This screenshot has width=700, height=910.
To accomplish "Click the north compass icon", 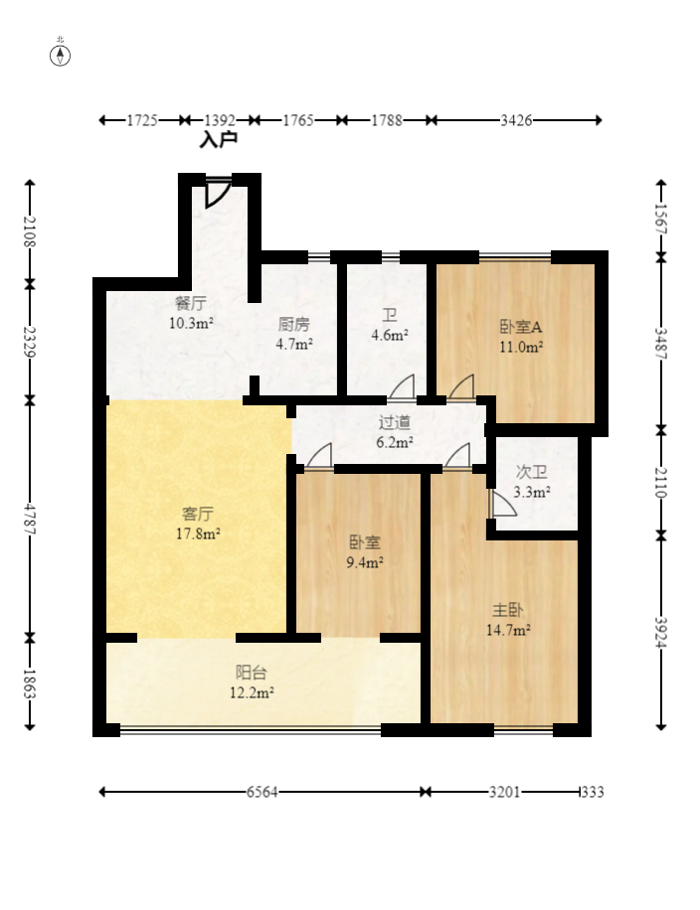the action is coord(60,56).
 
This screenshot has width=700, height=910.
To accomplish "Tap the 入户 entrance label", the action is coord(219,140).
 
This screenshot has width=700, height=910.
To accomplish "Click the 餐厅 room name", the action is coord(191,304).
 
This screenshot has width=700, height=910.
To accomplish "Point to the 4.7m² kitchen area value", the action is coord(294,344).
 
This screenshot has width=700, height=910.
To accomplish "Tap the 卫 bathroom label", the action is coord(389,316).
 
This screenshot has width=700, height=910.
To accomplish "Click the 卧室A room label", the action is coord(521,327).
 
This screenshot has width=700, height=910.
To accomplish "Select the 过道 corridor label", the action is coord(395,423).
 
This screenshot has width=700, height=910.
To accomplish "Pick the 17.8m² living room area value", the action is coord(198,533).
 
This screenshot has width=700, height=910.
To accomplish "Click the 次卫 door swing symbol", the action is coord(503,504).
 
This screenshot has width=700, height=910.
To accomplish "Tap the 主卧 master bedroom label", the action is coord(508,611).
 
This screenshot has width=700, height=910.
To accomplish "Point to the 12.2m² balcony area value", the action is coord(253,692).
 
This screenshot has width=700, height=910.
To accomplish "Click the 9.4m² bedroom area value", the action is coord(365,562).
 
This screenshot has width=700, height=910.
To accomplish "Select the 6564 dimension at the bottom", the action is coord(262,792).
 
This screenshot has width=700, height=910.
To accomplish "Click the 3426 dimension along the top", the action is coord(516,120).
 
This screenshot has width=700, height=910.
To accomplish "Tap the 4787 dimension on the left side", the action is coord(30,520).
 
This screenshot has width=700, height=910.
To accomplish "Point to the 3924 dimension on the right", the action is coord(661,632).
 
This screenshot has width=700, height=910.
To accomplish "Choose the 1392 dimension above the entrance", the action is coord(220,120).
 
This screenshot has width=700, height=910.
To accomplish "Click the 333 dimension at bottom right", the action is coord(594,792).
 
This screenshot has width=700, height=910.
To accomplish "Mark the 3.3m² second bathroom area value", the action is coord(532,493).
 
